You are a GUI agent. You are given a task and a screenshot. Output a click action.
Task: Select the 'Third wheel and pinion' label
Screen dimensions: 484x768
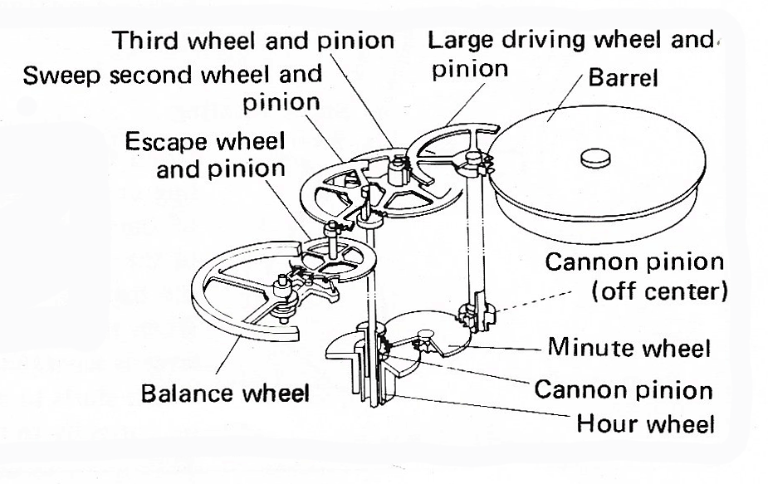(x=252, y=40)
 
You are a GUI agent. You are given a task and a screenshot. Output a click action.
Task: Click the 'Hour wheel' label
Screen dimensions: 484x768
(x=646, y=426)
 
